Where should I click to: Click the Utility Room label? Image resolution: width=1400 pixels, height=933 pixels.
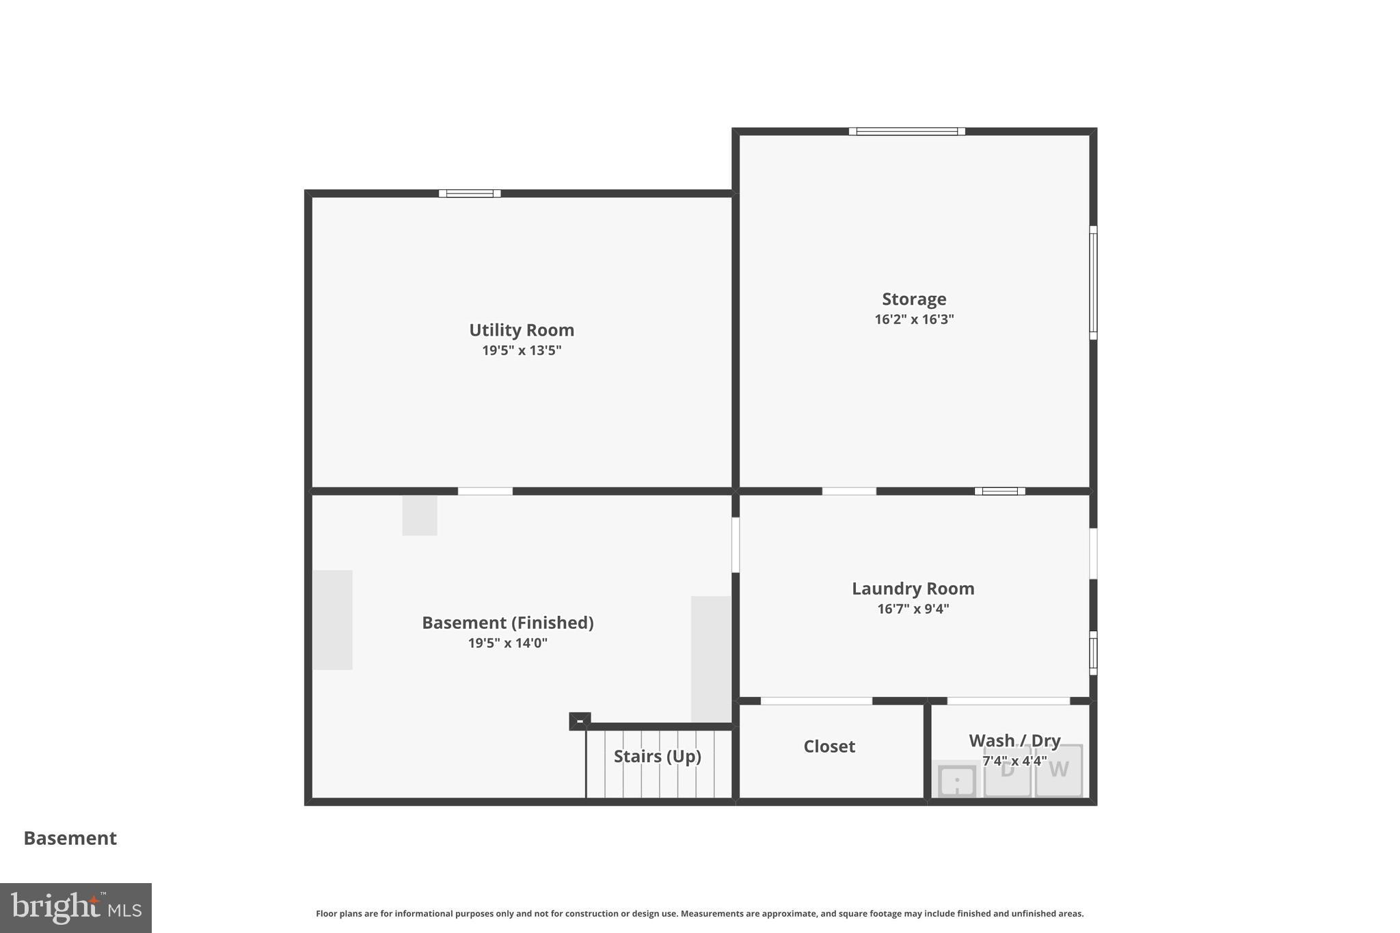pyautogui.click(x=521, y=330)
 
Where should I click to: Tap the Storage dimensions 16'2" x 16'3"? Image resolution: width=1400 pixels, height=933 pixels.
pyautogui.click(x=914, y=319)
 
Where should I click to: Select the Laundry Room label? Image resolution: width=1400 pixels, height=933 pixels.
pyautogui.click(x=913, y=589)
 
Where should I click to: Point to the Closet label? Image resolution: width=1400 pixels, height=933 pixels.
pyautogui.click(x=829, y=746)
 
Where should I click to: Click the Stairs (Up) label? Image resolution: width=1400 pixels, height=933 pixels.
pyautogui.click(x=657, y=756)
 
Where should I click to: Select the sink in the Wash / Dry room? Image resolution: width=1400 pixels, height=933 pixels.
pyautogui.click(x=957, y=781)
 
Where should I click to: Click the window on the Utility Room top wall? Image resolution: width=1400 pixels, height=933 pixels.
pyautogui.click(x=470, y=193)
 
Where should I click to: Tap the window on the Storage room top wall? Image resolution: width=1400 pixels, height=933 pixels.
pyautogui.click(x=906, y=131)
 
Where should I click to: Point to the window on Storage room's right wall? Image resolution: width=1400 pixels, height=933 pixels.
pyautogui.click(x=1092, y=282)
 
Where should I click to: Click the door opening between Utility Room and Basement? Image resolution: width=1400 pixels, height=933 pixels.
pyautogui.click(x=485, y=491)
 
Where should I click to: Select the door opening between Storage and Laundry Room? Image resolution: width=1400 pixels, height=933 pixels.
pyautogui.click(x=848, y=491)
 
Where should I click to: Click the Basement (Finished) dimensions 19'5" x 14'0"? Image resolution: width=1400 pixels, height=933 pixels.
pyautogui.click(x=507, y=643)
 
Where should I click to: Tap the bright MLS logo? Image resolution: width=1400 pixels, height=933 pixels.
pyautogui.click(x=75, y=908)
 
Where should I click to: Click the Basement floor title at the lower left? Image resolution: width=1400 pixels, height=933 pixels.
pyautogui.click(x=70, y=838)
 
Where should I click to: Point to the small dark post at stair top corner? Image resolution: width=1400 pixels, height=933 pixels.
pyautogui.click(x=579, y=721)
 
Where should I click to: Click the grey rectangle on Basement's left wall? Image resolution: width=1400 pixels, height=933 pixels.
pyautogui.click(x=333, y=619)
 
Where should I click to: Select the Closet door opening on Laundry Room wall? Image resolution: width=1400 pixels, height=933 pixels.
pyautogui.click(x=816, y=701)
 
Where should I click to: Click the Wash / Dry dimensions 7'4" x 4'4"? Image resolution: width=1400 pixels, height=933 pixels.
pyautogui.click(x=1014, y=761)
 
